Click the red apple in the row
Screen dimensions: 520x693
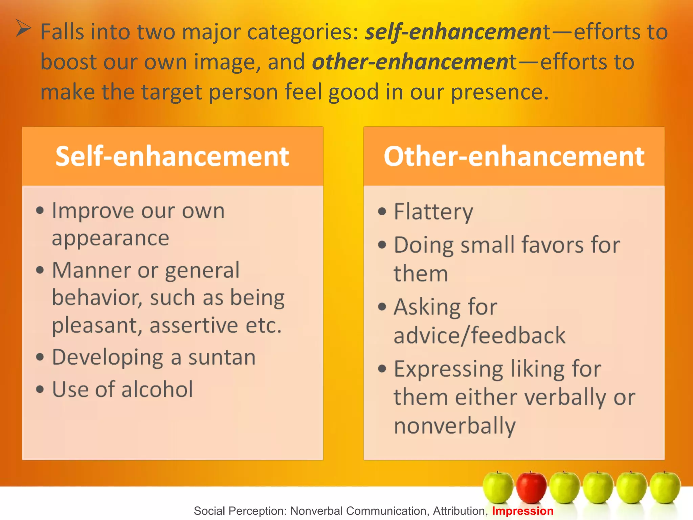531,487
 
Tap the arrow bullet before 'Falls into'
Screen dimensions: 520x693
24,28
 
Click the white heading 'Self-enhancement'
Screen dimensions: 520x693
172,156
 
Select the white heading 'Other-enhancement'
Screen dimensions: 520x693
514,156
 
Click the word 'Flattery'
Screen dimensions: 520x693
433,212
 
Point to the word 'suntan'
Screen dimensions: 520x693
222,357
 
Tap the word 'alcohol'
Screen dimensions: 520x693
157,389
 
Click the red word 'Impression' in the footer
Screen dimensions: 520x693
522,511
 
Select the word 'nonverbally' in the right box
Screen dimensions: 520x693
454,426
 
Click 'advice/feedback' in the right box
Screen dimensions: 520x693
479,336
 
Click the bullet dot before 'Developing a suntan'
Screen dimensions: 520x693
40,357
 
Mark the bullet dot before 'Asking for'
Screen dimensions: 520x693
382,307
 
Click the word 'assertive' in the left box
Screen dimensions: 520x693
194,325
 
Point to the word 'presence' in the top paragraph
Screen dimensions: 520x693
496,92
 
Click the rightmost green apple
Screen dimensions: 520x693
665,487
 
